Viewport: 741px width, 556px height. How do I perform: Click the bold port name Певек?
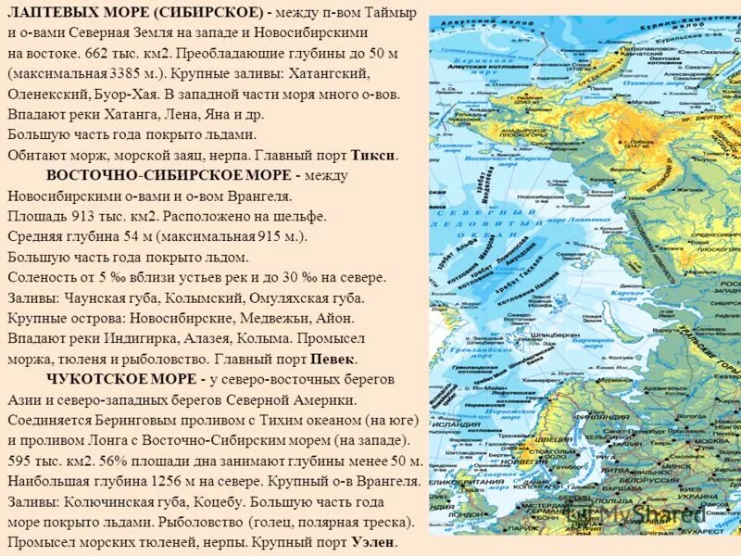[x=333, y=359]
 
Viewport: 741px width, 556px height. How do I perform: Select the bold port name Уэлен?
[x=373, y=542]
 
